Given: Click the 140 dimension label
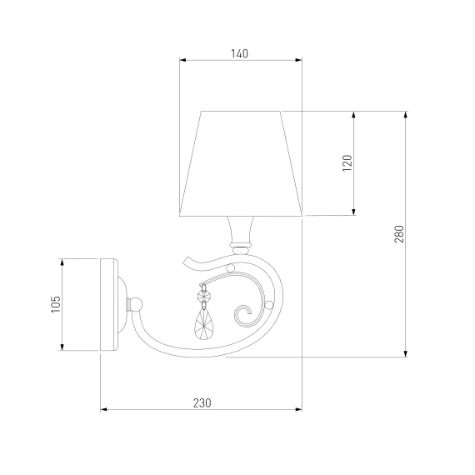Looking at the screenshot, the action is [239, 53].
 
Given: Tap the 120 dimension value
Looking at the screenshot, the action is [347, 163].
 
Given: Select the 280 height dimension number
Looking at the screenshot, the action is [399, 234].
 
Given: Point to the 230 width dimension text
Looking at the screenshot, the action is [202, 402].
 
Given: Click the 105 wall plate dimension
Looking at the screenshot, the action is [56, 304].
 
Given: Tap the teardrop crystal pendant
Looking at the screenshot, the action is [203, 325].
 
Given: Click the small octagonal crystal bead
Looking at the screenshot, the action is [203, 295].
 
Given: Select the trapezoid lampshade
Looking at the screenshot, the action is [241, 163].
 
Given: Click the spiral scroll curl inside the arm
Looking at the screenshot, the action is [243, 315].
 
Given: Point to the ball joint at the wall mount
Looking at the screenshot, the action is [135, 304].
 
